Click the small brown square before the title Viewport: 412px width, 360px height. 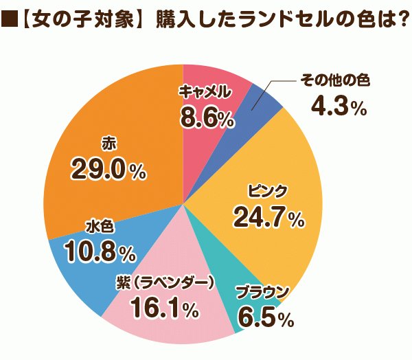10,22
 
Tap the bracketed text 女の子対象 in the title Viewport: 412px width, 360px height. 80,22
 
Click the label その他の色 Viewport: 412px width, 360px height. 335,81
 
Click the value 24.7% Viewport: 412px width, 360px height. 268,218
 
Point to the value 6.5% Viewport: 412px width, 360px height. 265,318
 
